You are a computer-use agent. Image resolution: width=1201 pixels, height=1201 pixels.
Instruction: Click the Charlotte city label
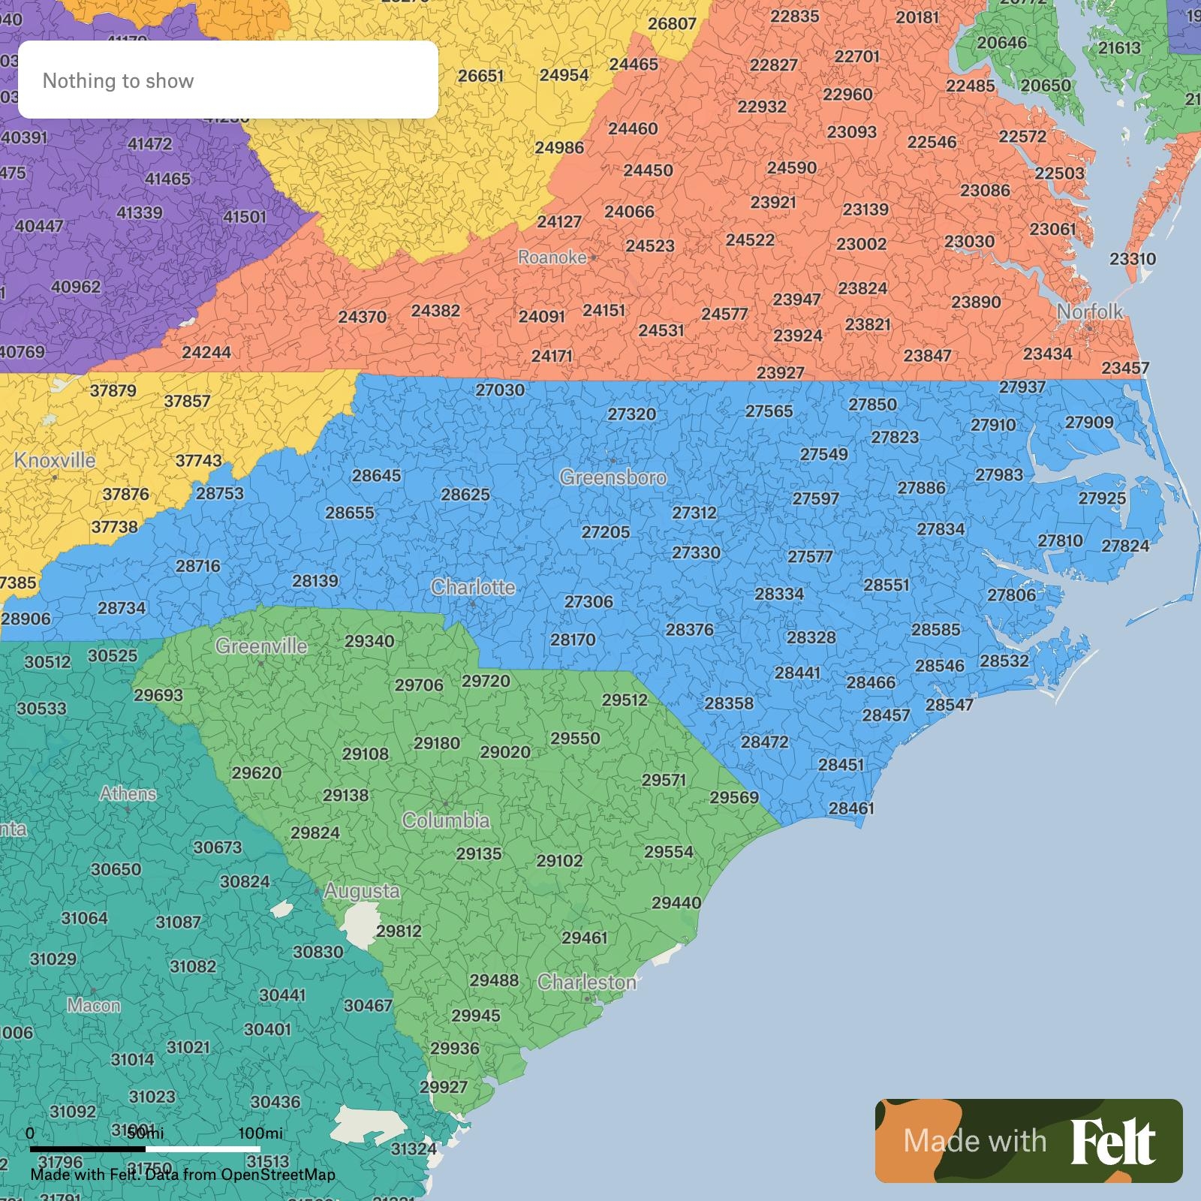coord(473,587)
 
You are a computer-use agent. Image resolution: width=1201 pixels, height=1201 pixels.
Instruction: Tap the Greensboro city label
coord(613,477)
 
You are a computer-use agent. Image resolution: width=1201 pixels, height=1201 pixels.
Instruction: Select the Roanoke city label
coord(552,257)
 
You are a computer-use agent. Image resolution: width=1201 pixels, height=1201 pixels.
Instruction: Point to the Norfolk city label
coord(1090,312)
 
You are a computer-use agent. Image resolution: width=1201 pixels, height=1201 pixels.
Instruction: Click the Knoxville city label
coord(55,460)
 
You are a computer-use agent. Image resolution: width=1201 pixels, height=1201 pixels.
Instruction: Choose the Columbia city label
coord(446,820)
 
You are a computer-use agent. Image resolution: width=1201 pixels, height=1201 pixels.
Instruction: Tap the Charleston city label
coord(587,982)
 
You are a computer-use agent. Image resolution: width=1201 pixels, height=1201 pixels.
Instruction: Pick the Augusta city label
coord(362,891)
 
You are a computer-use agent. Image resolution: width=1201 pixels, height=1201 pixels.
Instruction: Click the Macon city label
coord(94,1005)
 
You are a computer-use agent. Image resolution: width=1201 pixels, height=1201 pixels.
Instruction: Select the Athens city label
coord(128,793)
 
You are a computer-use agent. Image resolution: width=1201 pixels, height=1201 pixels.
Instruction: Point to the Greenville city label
coord(261,646)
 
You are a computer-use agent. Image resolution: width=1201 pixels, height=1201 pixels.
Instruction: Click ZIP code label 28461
coord(851,808)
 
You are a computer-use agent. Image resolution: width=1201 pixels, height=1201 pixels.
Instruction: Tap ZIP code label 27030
coord(500,390)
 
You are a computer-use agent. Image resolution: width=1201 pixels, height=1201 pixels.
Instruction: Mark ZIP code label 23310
coord(1133,259)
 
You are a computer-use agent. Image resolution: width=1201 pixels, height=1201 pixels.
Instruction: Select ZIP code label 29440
coord(676,903)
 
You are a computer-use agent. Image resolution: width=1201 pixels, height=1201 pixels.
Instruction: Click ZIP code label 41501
coord(245,217)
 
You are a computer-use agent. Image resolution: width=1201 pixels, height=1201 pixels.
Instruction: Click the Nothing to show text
coord(118,81)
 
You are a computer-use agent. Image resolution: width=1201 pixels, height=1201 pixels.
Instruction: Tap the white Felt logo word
coord(1113,1142)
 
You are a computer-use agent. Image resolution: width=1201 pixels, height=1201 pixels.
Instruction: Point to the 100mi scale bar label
coord(260,1133)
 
